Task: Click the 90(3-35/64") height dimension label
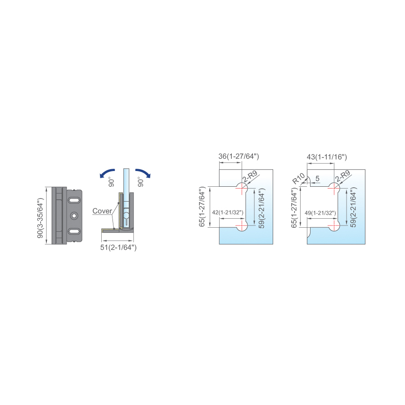[x=40, y=218]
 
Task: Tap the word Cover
[x=102, y=211]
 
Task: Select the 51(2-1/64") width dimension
[x=118, y=247]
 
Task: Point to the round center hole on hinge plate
[x=74, y=216]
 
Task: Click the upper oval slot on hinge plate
[x=74, y=200]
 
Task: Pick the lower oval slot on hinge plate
[x=74, y=231]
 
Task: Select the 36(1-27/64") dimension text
[x=238, y=156]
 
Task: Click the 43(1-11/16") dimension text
[x=327, y=157]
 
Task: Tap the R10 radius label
[x=299, y=179]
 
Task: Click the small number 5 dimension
[x=317, y=179]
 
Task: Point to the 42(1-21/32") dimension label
[x=228, y=212]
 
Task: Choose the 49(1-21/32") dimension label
[x=320, y=213]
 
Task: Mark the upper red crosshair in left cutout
[x=242, y=188]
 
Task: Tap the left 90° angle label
[x=111, y=182]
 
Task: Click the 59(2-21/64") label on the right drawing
[x=353, y=207]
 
